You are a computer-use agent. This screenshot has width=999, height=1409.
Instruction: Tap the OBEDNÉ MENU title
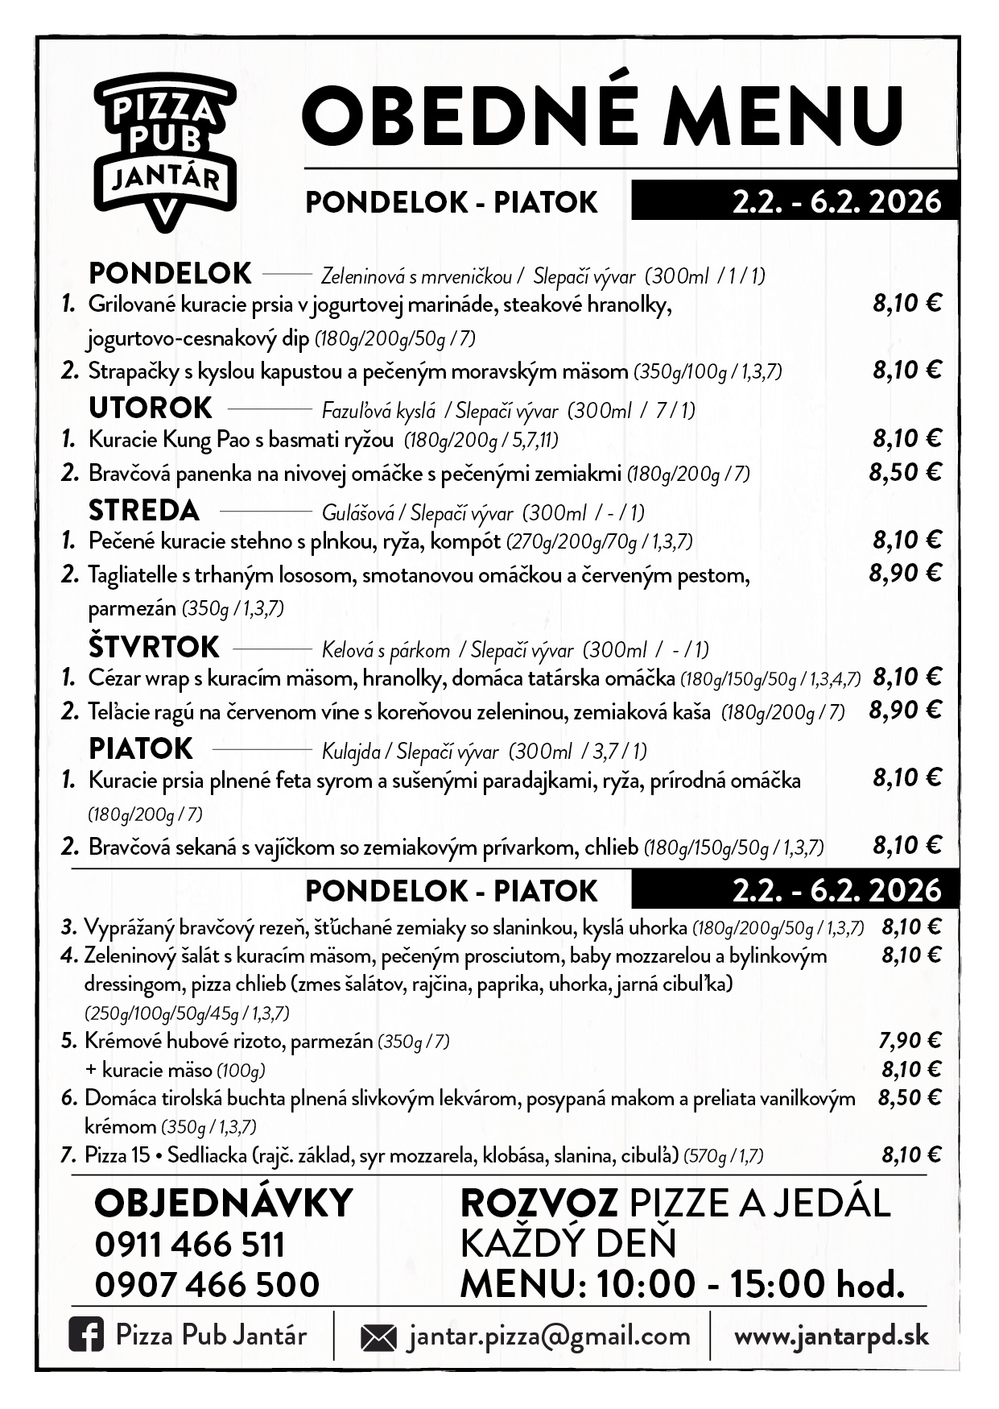[x=602, y=114]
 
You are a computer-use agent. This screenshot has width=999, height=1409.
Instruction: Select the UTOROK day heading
[x=151, y=408]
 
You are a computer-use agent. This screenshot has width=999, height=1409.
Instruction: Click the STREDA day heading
[x=144, y=510]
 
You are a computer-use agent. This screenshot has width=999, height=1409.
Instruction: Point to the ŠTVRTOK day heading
[x=154, y=646]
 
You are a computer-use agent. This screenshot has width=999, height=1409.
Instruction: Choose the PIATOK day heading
[x=141, y=748]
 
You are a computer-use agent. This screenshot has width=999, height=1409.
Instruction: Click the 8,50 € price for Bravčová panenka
[x=905, y=472]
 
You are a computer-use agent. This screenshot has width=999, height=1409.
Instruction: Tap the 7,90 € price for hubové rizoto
[x=910, y=1040]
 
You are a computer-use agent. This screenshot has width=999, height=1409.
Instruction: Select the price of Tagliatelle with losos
[x=905, y=574]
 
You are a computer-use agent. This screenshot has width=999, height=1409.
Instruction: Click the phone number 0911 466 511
[x=190, y=1245]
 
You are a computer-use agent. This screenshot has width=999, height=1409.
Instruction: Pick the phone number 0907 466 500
[x=207, y=1284]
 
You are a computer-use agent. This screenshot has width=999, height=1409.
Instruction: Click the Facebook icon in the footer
[x=86, y=1336]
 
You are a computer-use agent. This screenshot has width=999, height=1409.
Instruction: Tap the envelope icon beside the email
[x=378, y=1338]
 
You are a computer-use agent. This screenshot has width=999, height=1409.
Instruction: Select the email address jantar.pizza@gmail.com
[x=549, y=1336]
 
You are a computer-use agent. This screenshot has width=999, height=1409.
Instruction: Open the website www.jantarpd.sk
[x=832, y=1336]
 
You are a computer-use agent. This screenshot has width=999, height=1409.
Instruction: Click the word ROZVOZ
[x=539, y=1204]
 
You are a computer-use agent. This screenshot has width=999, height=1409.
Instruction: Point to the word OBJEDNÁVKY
[x=224, y=1204]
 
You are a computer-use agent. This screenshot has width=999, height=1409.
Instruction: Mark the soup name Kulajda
[x=351, y=752]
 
